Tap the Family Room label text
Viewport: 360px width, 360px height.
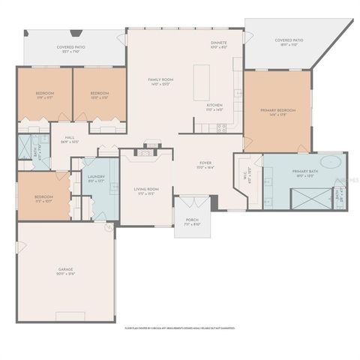pyautogui.click(x=161, y=82)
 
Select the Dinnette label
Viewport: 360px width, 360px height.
pyautogui.click(x=218, y=44)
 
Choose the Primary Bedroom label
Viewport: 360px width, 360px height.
pyautogui.click(x=277, y=112)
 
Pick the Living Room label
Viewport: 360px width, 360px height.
pyautogui.click(x=144, y=191)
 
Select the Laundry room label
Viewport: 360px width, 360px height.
pyautogui.click(x=97, y=178)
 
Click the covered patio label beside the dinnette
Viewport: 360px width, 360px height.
pyautogui.click(x=288, y=43)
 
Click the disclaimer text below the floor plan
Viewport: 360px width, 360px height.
pyautogui.click(x=180, y=328)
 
